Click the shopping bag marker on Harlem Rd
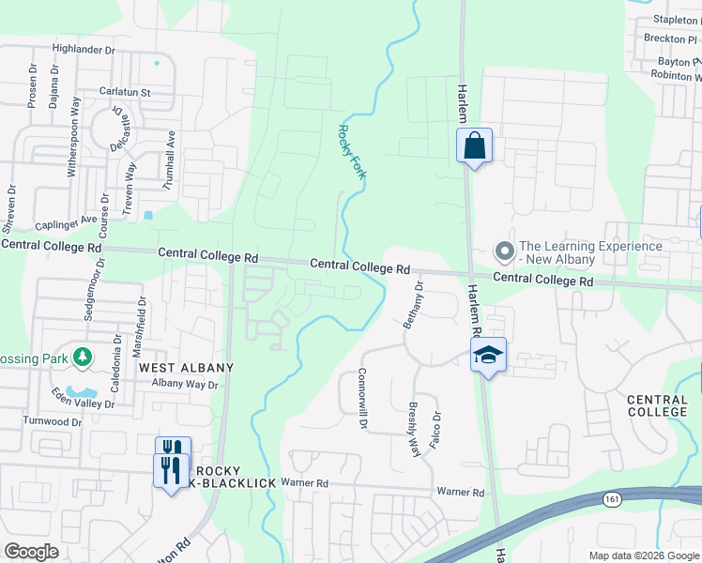pyautogui.click(x=475, y=146)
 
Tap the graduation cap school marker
pyautogui.click(x=488, y=355)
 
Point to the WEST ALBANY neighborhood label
pyautogui.click(x=186, y=368)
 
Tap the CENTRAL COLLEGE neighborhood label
pyautogui.click(x=657, y=406)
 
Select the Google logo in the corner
pyautogui.click(x=32, y=552)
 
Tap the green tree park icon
pyautogui.click(x=84, y=357)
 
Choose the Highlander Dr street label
pyautogui.click(x=84, y=49)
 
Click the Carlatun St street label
pyautogui.click(x=126, y=93)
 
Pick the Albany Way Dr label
pyautogui.click(x=185, y=385)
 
